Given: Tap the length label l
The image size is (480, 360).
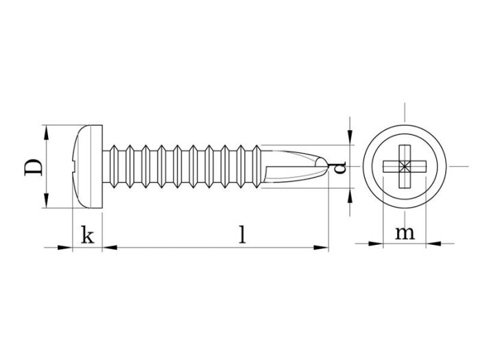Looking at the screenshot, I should [x=241, y=235].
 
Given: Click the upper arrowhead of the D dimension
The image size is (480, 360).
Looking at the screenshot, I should [x=47, y=131].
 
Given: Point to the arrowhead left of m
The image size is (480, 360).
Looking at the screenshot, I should [x=374, y=242].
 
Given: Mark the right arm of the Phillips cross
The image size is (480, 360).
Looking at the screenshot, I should [x=420, y=167].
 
